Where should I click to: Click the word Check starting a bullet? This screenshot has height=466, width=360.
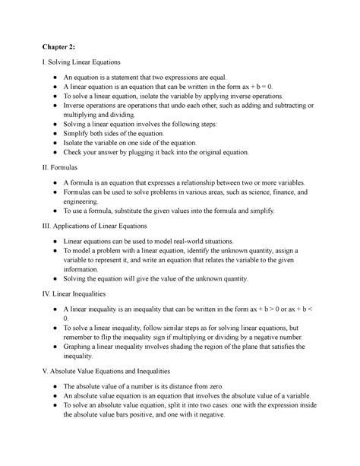[x=76, y=151]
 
